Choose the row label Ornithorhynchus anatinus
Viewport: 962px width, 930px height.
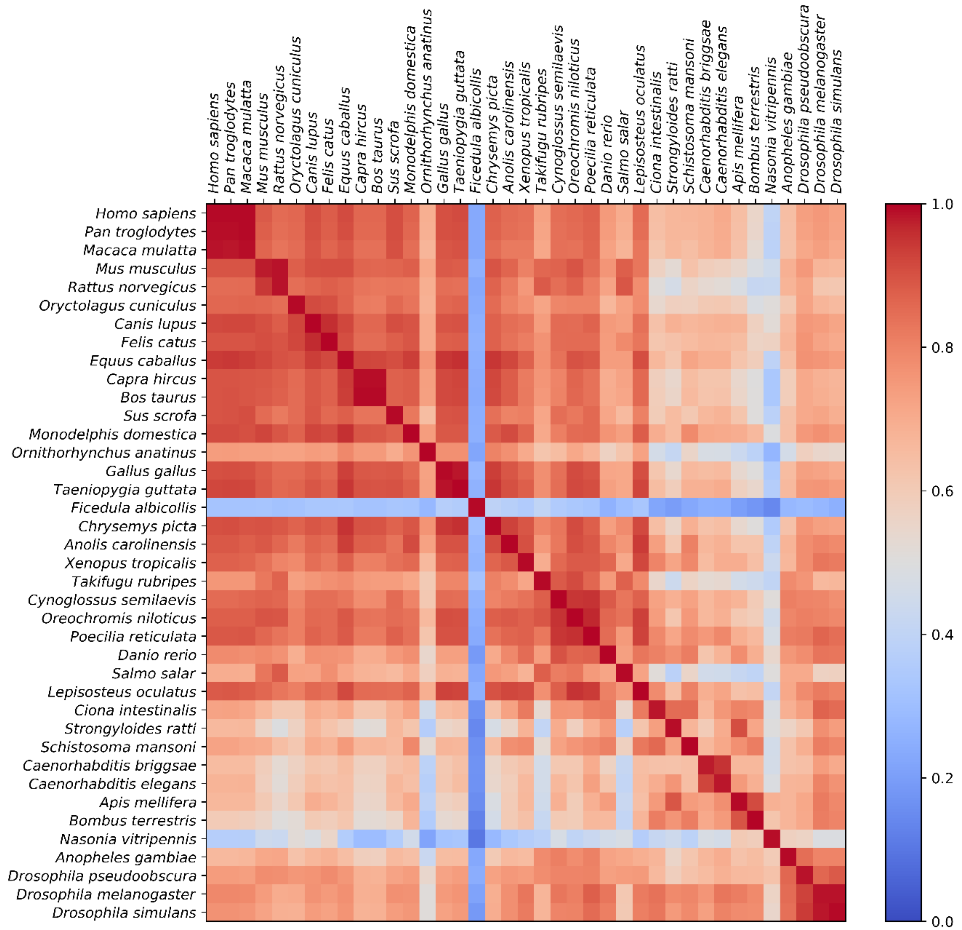104,453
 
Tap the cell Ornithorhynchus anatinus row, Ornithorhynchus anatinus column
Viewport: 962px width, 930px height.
428,453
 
